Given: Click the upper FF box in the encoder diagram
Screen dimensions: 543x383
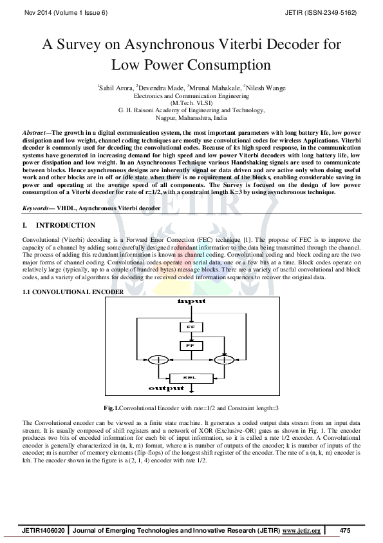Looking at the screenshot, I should coord(191,328).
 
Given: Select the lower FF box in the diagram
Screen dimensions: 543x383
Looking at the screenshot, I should coord(191,346).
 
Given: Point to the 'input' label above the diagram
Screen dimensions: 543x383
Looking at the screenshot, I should coord(191,301).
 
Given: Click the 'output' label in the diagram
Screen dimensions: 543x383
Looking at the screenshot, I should coord(166,388).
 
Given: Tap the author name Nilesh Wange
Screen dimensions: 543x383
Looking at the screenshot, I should coord(264,88).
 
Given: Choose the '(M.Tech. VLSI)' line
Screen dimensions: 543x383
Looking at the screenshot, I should coord(191,103).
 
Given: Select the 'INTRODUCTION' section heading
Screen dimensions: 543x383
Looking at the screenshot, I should coord(66,226).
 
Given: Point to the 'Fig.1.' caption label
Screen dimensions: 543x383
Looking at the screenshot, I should coord(111,408).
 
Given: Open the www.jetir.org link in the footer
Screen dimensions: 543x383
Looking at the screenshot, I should coord(301,530).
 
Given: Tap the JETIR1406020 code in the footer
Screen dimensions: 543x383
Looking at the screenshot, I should coord(44,530).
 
